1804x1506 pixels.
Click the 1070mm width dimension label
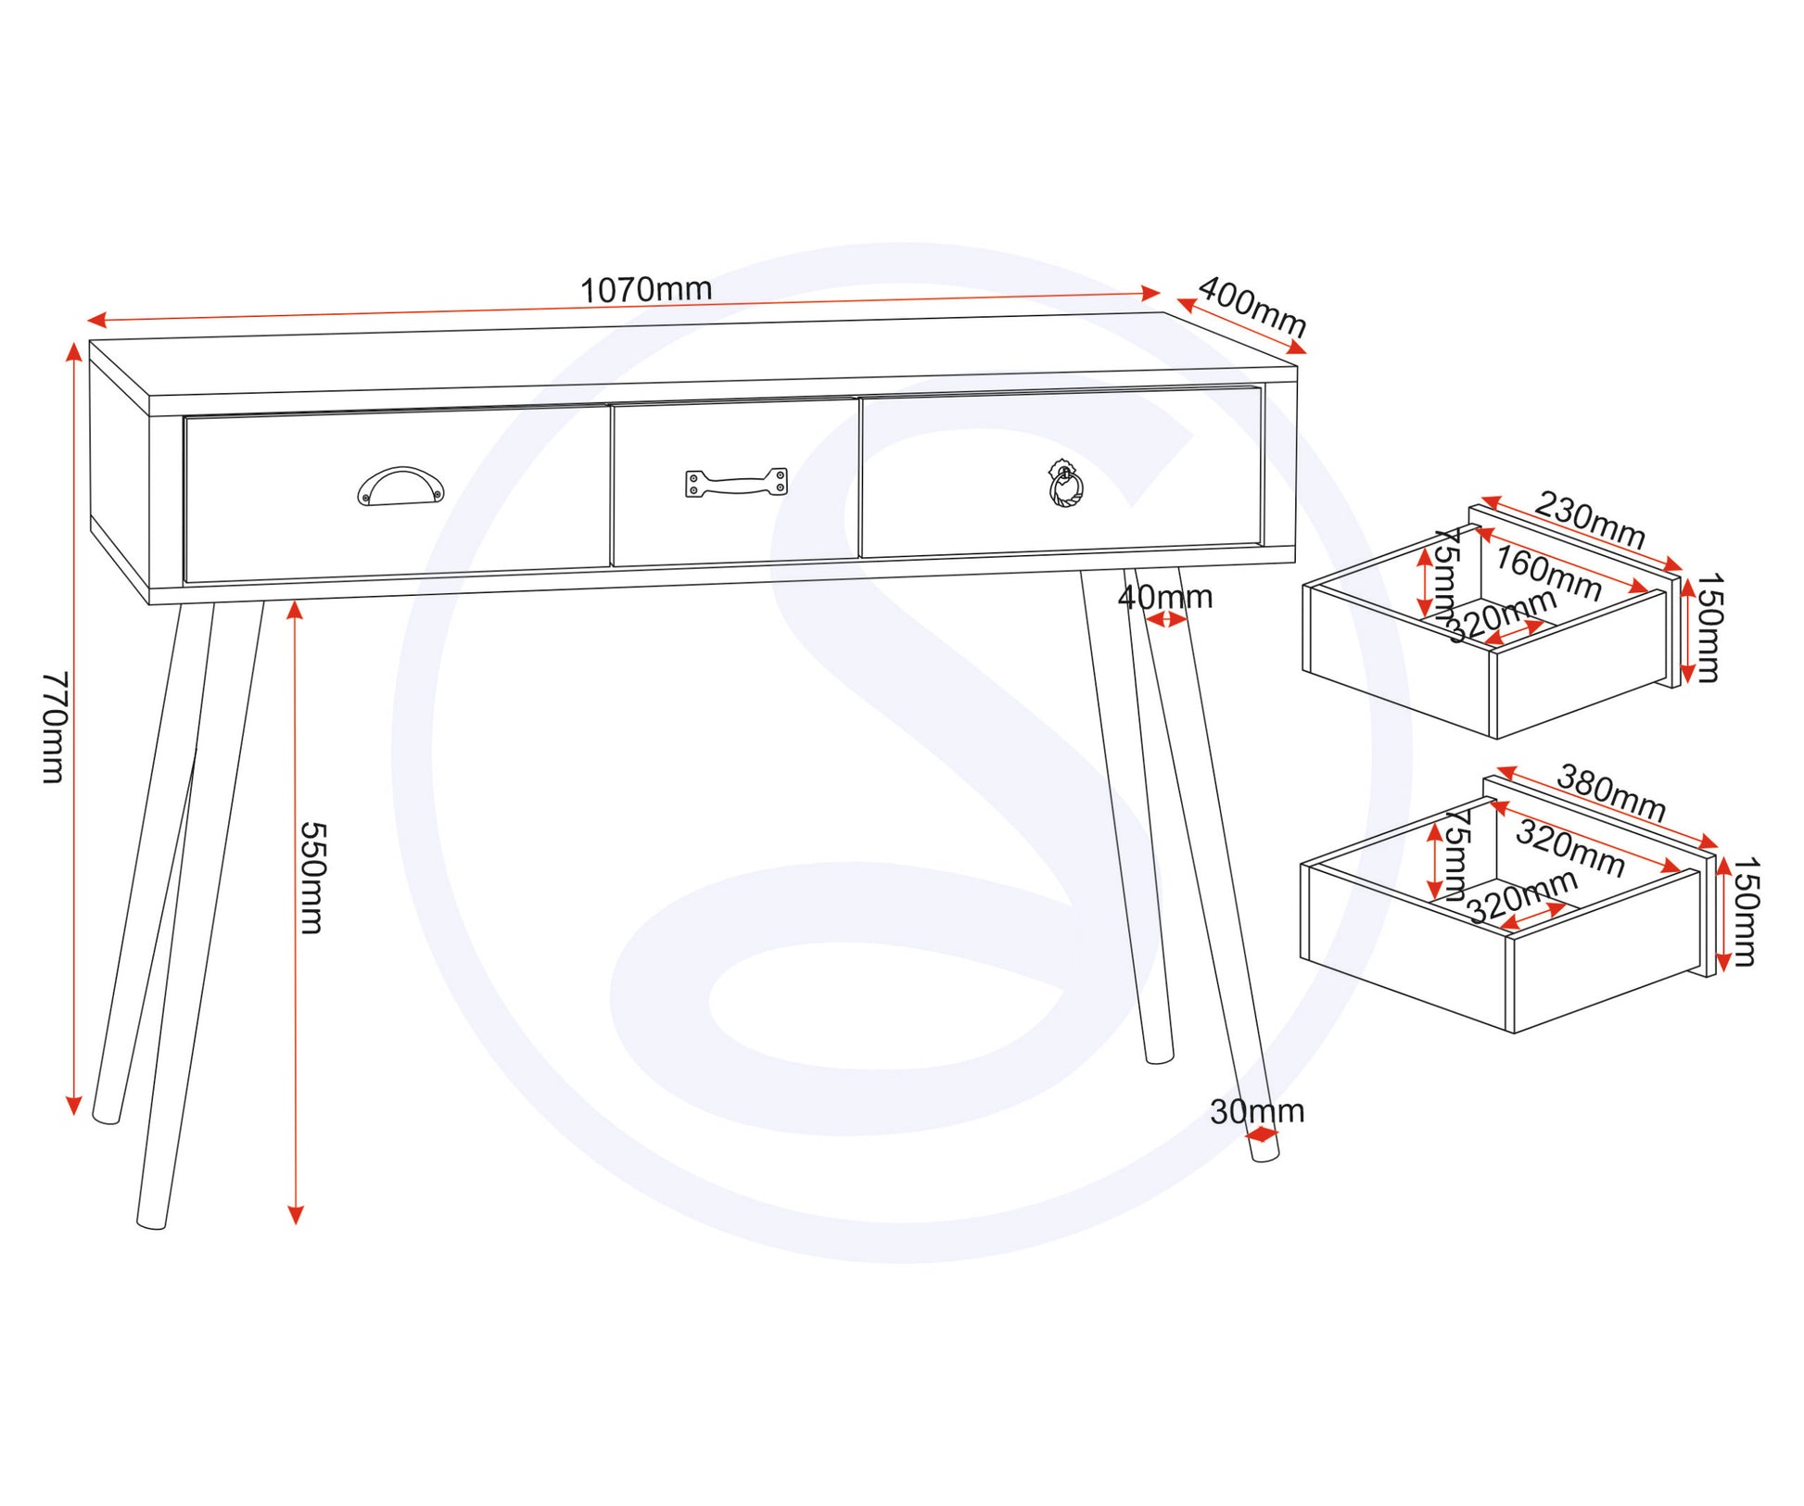tap(646, 290)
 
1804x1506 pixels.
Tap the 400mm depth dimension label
tap(1252, 308)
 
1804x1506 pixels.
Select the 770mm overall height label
tap(55, 728)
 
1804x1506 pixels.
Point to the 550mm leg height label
tap(311, 877)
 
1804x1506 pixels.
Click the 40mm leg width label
tap(1165, 597)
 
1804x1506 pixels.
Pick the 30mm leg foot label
tap(1257, 1111)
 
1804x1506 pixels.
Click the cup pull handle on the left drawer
tap(400, 487)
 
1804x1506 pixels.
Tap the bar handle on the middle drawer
tap(736, 483)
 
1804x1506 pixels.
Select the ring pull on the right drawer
tap(1066, 485)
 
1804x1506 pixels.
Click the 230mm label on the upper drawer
tap(1590, 520)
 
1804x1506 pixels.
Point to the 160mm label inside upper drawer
tap(1548, 574)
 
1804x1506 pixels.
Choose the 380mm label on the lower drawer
tap(1611, 791)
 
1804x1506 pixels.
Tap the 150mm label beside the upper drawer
tap(1708, 627)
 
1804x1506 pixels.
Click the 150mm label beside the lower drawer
tap(1745, 912)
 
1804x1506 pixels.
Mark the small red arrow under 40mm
tap(1166, 619)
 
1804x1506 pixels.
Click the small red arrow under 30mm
tap(1262, 1134)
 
